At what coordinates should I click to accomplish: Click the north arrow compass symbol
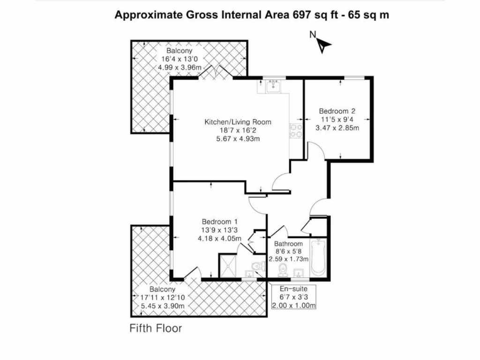coord(324,44)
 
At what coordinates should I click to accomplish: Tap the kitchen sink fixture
coord(272,86)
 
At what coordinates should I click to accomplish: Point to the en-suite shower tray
coord(229,267)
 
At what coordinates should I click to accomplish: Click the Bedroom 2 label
coord(337,111)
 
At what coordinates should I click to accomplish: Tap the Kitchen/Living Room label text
coord(238,122)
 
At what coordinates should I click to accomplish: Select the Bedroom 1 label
coord(220,222)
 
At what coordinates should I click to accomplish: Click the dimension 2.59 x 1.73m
coord(288,259)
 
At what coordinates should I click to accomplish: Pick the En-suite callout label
coord(293,288)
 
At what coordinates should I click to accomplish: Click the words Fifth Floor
coord(156,328)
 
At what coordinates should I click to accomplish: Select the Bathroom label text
coord(288,244)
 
